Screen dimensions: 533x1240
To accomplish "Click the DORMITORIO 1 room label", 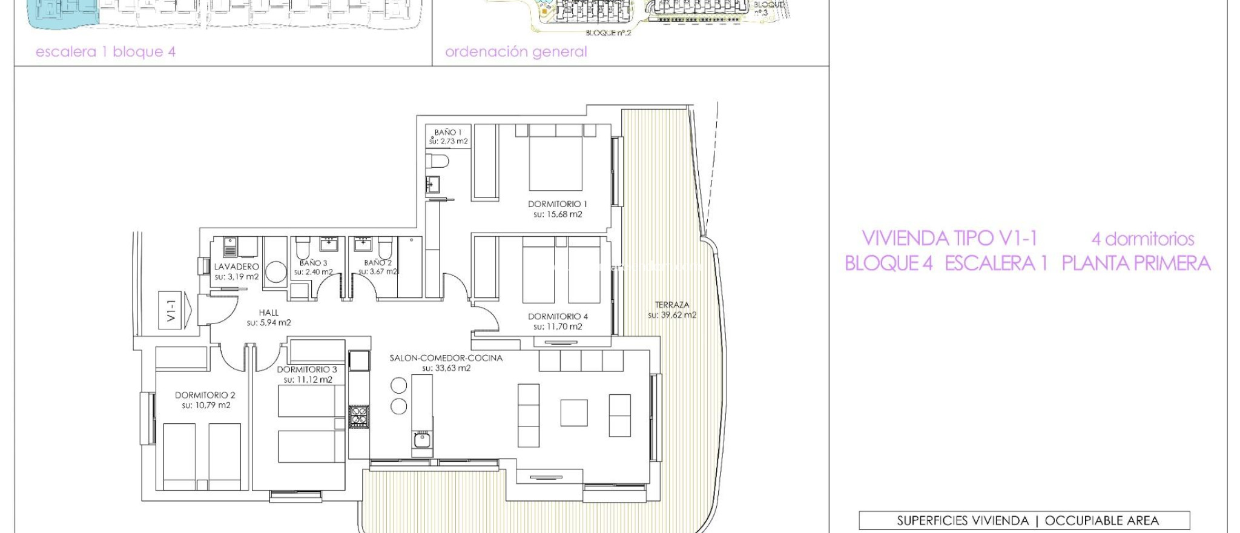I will tap(557, 204).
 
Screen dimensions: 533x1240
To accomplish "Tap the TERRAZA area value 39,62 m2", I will tap(672, 315).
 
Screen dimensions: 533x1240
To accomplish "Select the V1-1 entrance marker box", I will tap(171, 310).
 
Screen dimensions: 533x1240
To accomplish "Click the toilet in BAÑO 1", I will tap(437, 161).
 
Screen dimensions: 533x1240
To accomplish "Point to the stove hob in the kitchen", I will tap(358, 417).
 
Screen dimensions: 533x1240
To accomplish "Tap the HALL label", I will tap(269, 313).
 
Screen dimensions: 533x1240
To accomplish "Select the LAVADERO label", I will tap(236, 266).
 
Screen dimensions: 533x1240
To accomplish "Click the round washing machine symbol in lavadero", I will tap(275, 272).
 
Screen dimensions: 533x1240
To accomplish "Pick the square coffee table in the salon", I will tap(573, 413).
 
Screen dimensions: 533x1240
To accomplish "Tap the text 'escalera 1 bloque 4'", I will tap(105, 52).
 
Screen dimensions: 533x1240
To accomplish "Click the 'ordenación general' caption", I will tap(516, 52).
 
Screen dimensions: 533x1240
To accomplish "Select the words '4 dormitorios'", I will tap(1143, 239).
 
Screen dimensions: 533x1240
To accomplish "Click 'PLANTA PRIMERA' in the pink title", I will tap(1136, 263).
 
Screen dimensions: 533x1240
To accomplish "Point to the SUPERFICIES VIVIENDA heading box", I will tap(1024, 520).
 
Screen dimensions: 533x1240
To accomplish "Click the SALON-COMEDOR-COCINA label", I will tap(446, 358).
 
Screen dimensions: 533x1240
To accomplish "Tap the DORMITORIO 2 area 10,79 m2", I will tap(206, 405).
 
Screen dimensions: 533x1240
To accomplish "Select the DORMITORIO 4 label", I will tap(557, 316).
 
